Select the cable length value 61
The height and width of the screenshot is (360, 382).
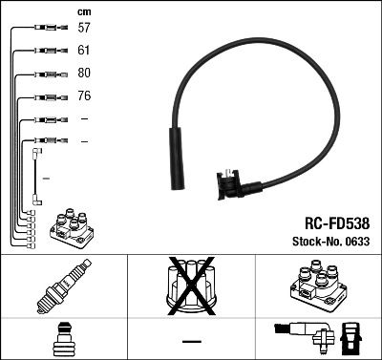[84, 51]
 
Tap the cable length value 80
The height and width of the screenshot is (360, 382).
[84, 74]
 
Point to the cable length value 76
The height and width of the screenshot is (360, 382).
[84, 96]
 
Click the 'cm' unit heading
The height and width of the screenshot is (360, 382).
[83, 11]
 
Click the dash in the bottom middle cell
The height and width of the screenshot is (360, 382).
[191, 341]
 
